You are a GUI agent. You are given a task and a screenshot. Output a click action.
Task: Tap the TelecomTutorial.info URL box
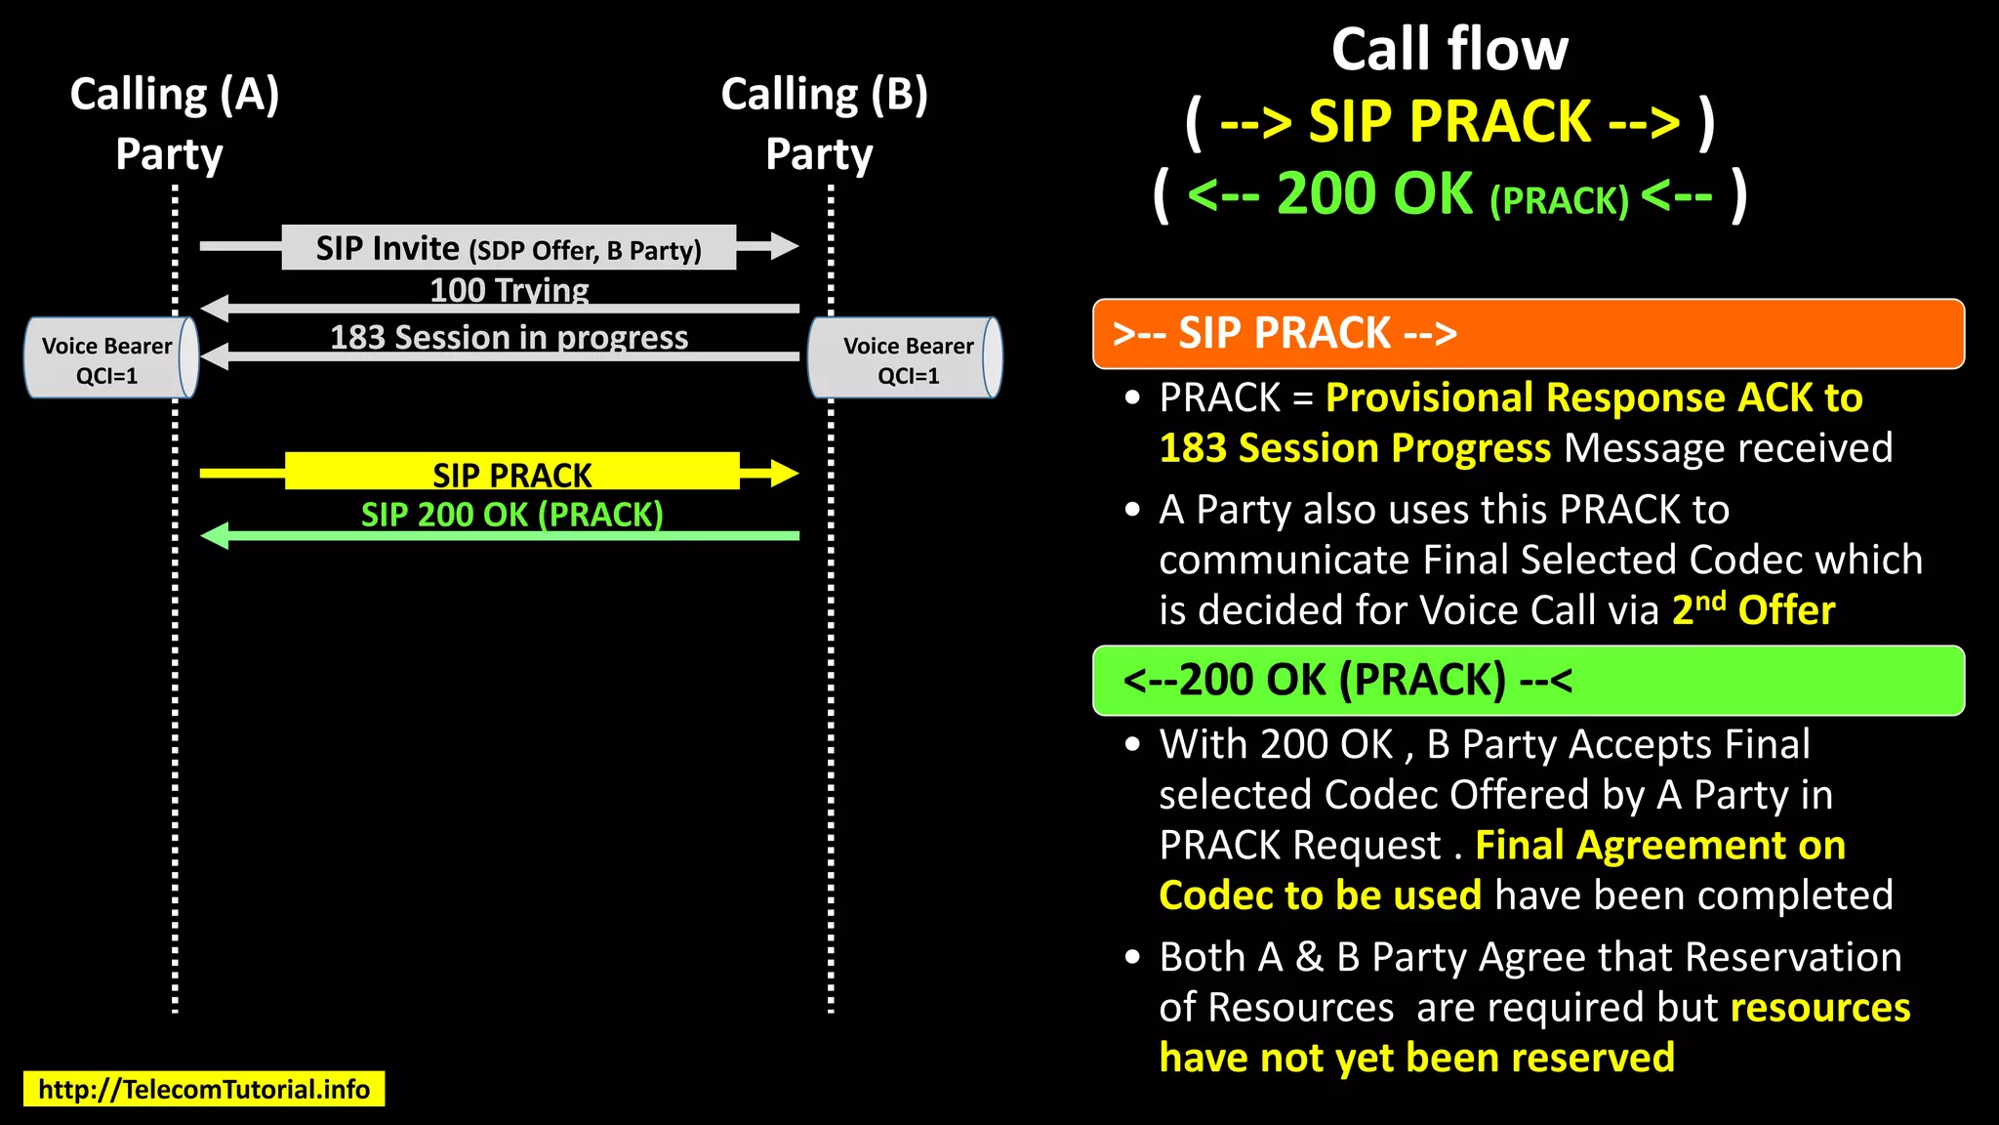tap(204, 1089)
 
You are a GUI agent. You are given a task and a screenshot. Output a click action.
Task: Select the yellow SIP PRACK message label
tap(511, 474)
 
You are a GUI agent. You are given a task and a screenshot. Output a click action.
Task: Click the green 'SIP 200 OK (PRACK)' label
tap(511, 514)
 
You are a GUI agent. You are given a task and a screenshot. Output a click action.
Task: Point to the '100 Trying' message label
tap(510, 290)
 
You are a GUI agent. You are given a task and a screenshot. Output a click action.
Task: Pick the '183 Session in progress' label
tap(510, 337)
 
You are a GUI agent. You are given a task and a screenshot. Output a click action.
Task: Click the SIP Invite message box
tap(509, 248)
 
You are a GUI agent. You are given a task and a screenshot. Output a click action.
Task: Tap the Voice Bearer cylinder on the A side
tap(110, 358)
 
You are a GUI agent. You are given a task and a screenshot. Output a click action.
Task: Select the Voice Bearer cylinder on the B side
tap(906, 358)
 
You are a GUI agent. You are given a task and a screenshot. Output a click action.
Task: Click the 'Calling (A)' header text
tap(175, 95)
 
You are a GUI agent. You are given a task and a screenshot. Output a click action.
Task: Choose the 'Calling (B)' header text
tap(824, 95)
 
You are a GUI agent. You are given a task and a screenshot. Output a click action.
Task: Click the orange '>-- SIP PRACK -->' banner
tap(1528, 334)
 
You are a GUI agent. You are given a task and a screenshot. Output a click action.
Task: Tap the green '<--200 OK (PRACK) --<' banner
tap(1528, 680)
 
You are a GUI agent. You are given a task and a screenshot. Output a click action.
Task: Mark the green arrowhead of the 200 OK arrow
tap(216, 535)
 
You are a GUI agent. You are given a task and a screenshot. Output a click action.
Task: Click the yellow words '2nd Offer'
tap(1753, 609)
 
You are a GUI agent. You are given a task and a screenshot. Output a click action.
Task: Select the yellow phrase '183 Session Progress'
tap(1355, 448)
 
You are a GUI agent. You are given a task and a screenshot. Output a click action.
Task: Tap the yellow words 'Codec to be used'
tap(1320, 896)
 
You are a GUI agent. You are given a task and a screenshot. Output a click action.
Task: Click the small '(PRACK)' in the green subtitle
tap(1559, 200)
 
